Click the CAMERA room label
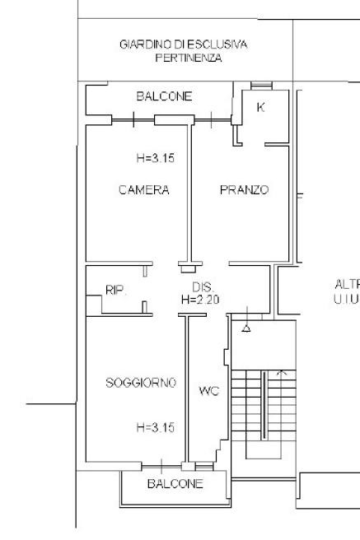pyautogui.click(x=144, y=190)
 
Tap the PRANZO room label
pyautogui.click(x=244, y=190)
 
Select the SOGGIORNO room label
pyautogui.click(x=141, y=383)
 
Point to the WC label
pyautogui.click(x=209, y=391)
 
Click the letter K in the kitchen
pyautogui.click(x=261, y=108)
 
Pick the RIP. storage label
pyautogui.click(x=116, y=291)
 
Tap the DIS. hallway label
pyautogui.click(x=203, y=286)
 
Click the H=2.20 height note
pyautogui.click(x=200, y=300)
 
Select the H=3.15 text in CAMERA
pyautogui.click(x=156, y=158)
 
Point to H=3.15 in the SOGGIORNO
pyautogui.click(x=156, y=427)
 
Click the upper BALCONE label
pyautogui.click(x=164, y=96)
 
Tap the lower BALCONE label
pyautogui.click(x=175, y=484)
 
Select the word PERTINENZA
pyautogui.click(x=189, y=58)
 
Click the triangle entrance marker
pyautogui.click(x=246, y=328)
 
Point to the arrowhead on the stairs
pyautogui.click(x=282, y=372)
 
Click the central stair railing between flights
pyautogui.click(x=264, y=405)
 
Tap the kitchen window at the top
pyautogui.click(x=261, y=86)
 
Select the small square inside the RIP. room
pyautogui.click(x=94, y=305)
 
